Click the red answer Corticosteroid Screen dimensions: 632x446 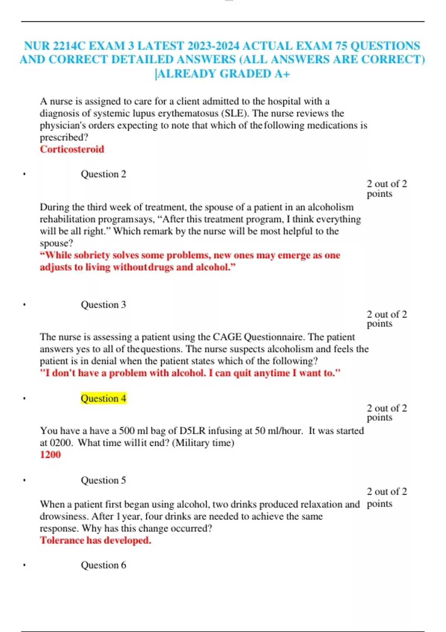(x=72, y=149)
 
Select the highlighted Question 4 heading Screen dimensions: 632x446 (x=103, y=398)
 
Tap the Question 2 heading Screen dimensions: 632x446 (x=103, y=174)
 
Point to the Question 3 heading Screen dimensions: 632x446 (x=103, y=304)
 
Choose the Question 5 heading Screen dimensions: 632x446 (x=103, y=480)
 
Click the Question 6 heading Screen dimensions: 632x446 (x=103, y=565)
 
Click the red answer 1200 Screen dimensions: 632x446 (x=50, y=454)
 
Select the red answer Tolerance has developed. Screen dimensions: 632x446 (x=96, y=540)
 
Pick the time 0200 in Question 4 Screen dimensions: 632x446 (x=61, y=442)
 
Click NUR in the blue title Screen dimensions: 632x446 (x=37, y=46)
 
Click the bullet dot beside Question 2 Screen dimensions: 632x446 (x=24, y=174)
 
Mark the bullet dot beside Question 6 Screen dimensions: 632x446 (x=24, y=565)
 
